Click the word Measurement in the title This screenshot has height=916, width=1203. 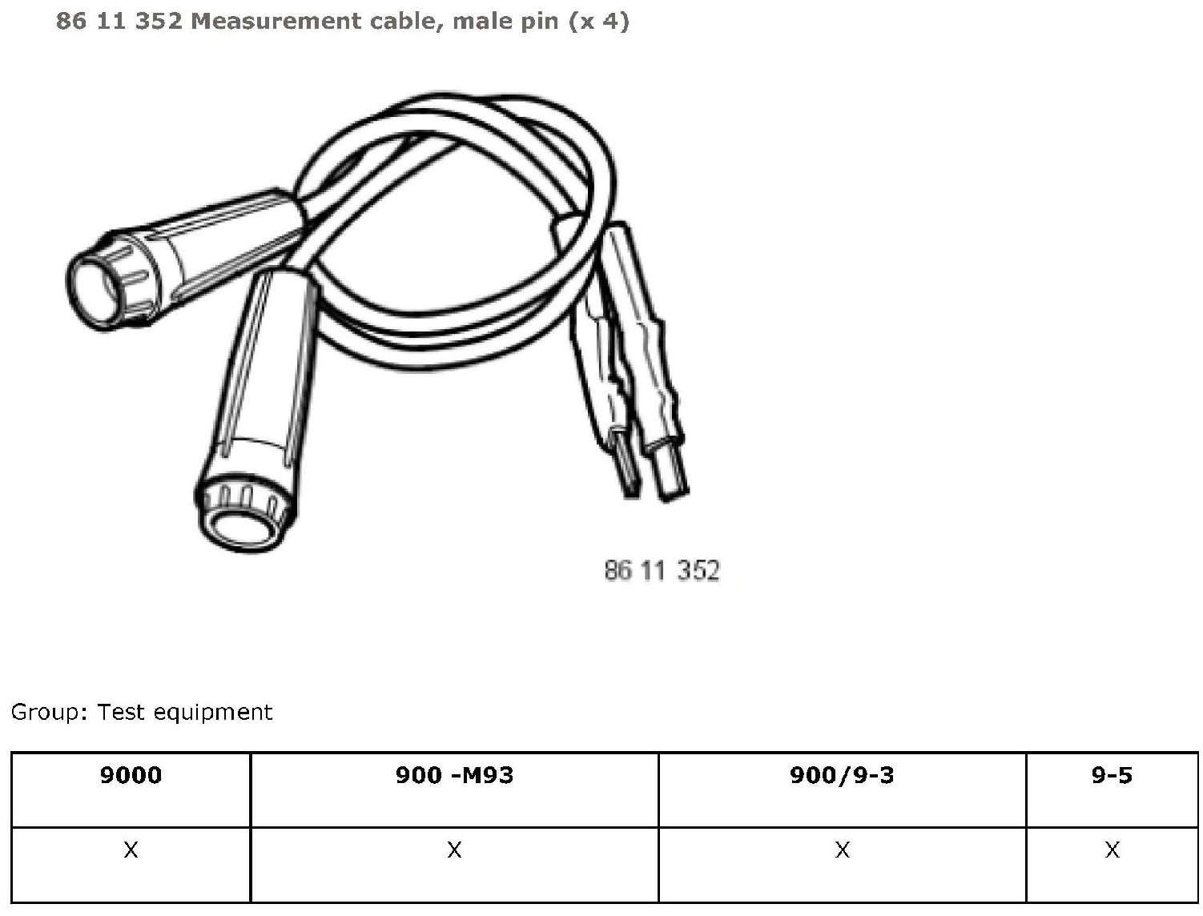tap(276, 22)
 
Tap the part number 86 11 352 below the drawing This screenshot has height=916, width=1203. tap(662, 570)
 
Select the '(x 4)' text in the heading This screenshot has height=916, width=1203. tap(598, 22)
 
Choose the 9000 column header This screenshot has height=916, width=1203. tap(131, 775)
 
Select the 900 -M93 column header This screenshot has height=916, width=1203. tap(454, 775)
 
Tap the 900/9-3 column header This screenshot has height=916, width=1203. tap(842, 775)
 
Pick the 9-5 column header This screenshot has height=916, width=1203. tap(1112, 775)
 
